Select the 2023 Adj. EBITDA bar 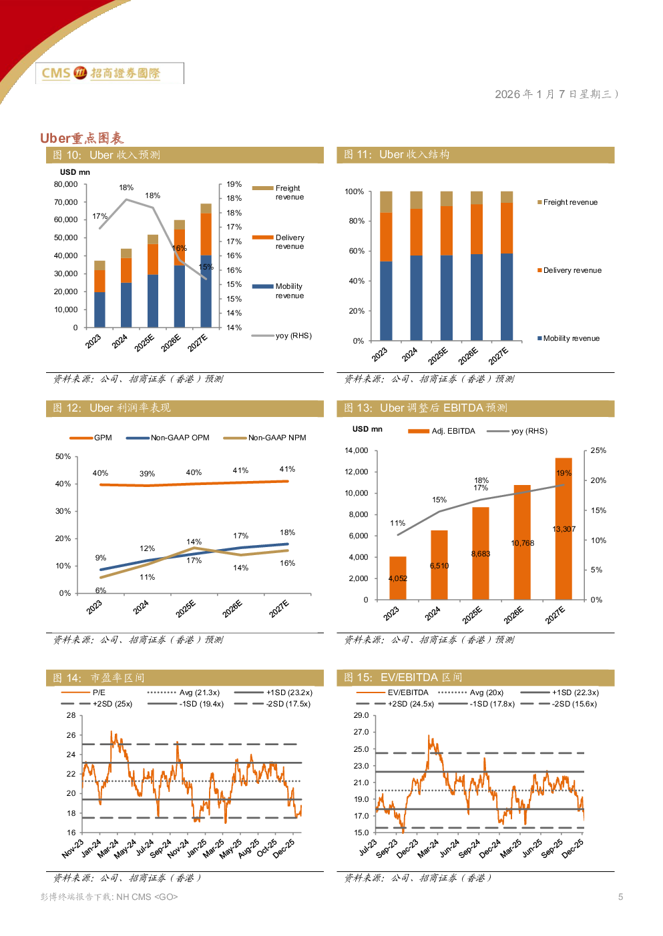[x=398, y=578]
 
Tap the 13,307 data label [x=564, y=529]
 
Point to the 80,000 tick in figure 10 [x=66, y=184]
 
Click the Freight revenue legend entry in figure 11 [x=570, y=202]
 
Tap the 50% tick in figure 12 [x=63, y=456]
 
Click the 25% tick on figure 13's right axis [x=598, y=450]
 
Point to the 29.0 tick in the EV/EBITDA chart [x=361, y=715]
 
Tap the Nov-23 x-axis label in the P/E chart [x=73, y=849]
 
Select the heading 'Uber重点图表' [x=82, y=138]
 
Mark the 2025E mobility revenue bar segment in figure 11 [x=446, y=298]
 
